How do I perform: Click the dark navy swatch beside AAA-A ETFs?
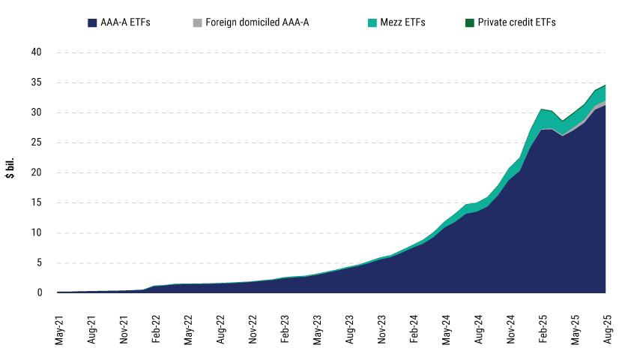point(92,22)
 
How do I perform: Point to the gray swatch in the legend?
point(197,22)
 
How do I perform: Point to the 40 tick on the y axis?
point(36,52)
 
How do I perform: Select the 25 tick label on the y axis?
point(36,142)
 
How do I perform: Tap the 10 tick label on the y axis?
point(36,232)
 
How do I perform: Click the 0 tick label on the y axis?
point(38,292)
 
